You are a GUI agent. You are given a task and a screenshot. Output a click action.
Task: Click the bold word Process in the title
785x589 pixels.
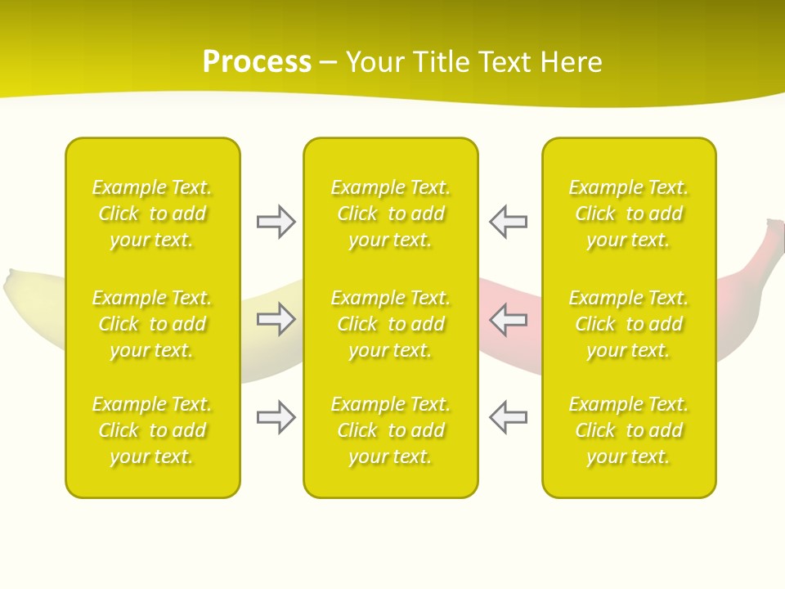(257, 62)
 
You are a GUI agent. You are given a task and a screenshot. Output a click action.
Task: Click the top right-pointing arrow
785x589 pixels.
(276, 222)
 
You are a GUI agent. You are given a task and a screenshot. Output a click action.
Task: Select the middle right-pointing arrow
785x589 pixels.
(276, 319)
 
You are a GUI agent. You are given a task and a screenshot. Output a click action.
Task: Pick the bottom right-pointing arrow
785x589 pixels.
(276, 416)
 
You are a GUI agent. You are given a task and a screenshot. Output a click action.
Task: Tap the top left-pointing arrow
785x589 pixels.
(508, 222)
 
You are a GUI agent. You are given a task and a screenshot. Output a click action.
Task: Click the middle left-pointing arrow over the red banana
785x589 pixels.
(508, 319)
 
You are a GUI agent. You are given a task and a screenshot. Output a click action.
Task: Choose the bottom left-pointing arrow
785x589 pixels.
(508, 416)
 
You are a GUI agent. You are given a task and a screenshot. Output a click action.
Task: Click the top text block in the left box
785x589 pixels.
(152, 214)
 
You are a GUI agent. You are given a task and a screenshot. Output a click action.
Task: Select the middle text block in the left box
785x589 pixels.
(152, 324)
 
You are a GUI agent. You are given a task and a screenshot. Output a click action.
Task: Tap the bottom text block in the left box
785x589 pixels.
(152, 430)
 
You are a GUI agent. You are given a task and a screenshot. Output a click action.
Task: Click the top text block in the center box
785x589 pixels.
(391, 214)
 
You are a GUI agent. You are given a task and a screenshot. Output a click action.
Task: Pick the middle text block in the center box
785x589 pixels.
(391, 324)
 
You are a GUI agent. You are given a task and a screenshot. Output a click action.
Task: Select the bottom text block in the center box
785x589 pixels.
(391, 430)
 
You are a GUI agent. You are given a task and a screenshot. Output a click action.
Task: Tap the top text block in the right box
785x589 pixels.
(629, 214)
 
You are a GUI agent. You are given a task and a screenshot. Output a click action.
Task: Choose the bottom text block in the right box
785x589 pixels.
(629, 430)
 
